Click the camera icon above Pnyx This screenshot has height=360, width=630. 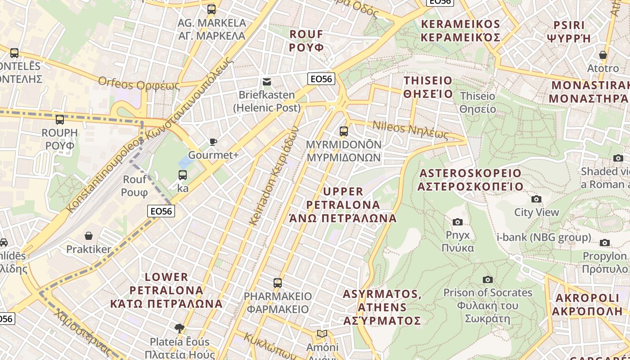[458, 222]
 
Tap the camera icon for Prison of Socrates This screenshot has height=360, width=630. [487, 279]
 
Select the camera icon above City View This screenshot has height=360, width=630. [536, 199]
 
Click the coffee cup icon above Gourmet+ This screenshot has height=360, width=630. [213, 142]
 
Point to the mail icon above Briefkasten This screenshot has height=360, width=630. [267, 82]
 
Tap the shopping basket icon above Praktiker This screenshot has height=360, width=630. [89, 236]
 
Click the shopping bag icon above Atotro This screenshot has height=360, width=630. [603, 55]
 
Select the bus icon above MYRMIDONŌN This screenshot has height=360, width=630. [344, 131]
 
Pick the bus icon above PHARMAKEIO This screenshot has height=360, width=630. [278, 283]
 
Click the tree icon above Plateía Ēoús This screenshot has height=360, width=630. [180, 328]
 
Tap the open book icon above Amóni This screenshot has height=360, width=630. [322, 333]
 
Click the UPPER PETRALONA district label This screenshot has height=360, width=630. [343, 205]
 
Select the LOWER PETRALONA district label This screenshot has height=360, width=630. [166, 290]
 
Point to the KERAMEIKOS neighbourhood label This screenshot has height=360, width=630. [461, 31]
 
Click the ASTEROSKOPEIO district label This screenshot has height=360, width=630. [470, 180]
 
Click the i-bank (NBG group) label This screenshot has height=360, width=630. [544, 237]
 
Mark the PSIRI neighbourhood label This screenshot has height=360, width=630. [569, 31]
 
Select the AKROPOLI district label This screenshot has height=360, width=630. [587, 305]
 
